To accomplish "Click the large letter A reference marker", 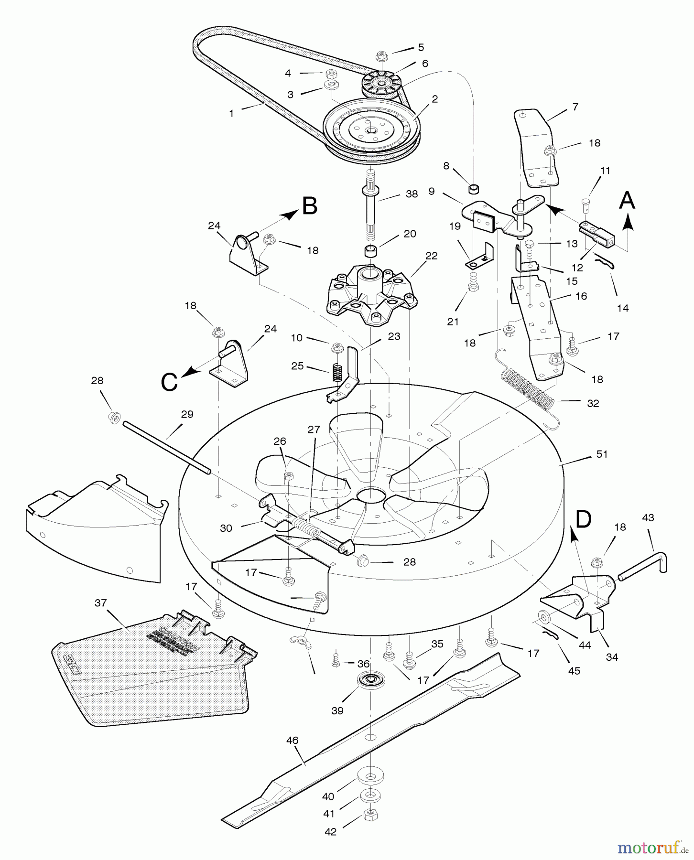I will [627, 200].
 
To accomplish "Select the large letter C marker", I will [170, 382].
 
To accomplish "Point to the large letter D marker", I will [583, 519].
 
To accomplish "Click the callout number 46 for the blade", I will [292, 741].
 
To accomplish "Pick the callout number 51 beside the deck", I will [602, 454].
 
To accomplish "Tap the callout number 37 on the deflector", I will [100, 603].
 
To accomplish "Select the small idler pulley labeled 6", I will [381, 85].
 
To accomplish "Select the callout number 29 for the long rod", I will [187, 414].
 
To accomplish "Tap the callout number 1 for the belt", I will [231, 114].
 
